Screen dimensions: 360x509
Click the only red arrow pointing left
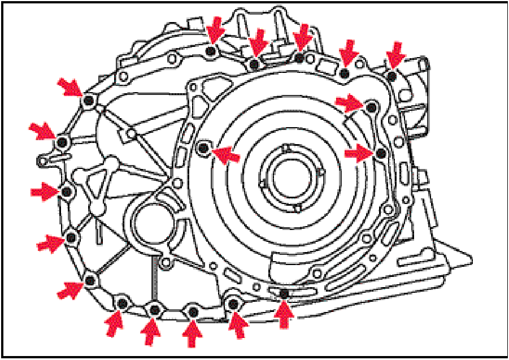(227, 153)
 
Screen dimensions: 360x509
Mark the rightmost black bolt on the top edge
(391, 75)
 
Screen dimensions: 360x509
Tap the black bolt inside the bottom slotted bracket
(284, 293)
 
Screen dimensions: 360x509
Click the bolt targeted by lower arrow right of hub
(381, 153)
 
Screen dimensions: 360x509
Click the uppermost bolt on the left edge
(88, 101)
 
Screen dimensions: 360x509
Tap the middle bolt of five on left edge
(67, 192)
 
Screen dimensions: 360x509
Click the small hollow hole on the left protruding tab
(41, 161)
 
